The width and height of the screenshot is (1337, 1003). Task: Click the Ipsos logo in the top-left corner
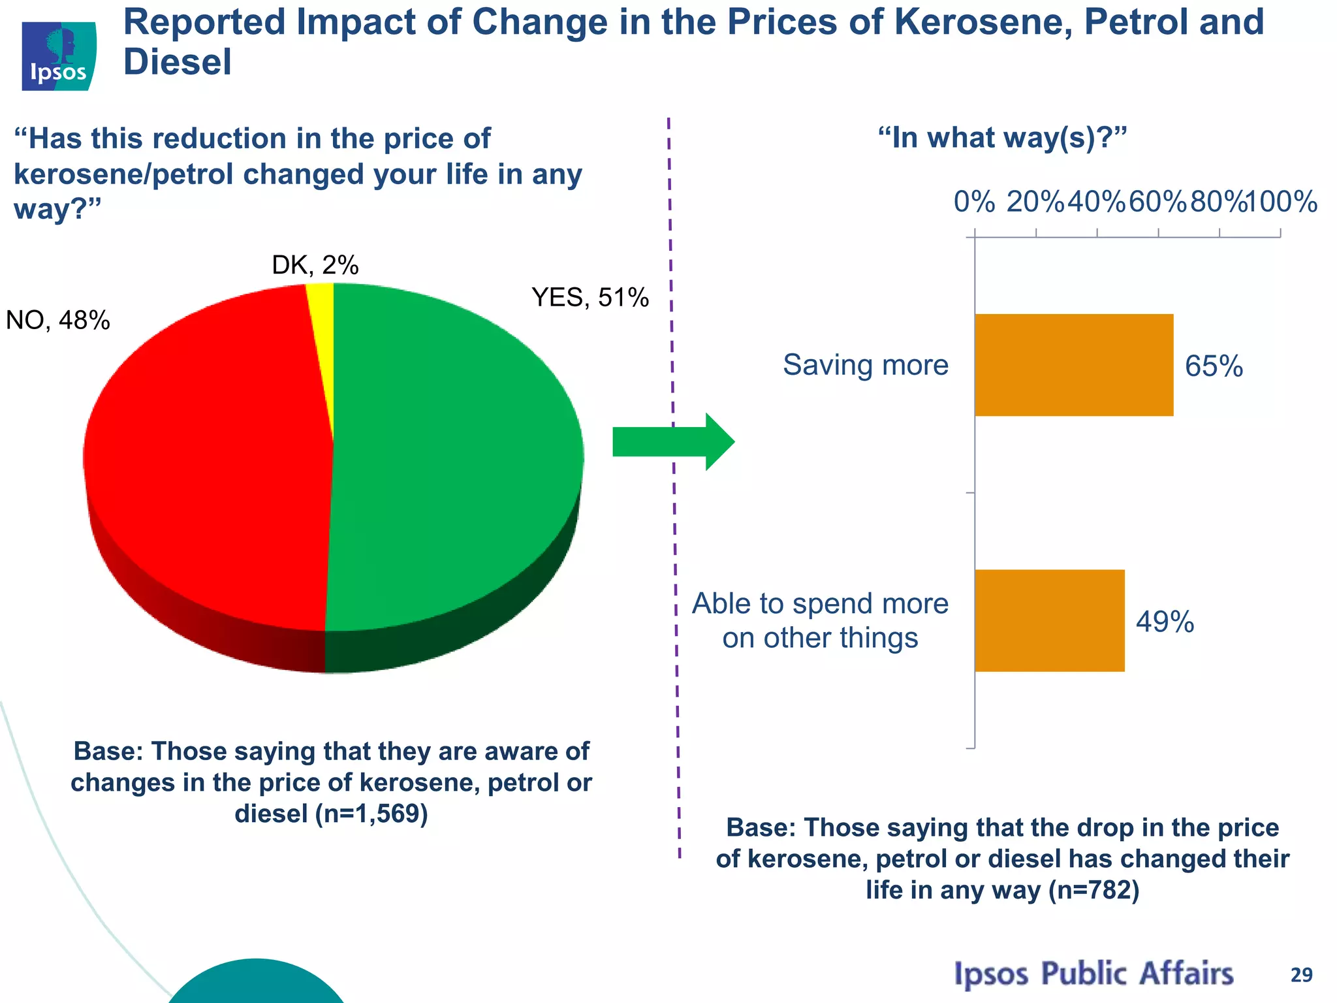pyautogui.click(x=59, y=56)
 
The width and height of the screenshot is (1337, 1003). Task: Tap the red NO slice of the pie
pyautogui.click(x=209, y=457)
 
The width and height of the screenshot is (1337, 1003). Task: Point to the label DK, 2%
pyautogui.click(x=315, y=265)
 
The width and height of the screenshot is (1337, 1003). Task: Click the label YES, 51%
pyautogui.click(x=590, y=298)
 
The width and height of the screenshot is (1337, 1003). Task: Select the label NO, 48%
pyautogui.click(x=57, y=321)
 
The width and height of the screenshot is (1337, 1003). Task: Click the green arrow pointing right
pyautogui.click(x=672, y=442)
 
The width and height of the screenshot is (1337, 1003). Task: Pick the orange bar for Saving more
pyautogui.click(x=1073, y=365)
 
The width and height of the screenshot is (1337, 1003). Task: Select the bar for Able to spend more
pyautogui.click(x=1049, y=620)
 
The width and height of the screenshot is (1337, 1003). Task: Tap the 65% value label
pyautogui.click(x=1214, y=366)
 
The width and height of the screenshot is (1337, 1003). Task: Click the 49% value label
pyautogui.click(x=1165, y=622)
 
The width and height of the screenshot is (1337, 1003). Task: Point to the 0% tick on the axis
pyautogui.click(x=974, y=202)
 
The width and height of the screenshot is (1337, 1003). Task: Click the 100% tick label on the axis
pyautogui.click(x=1282, y=202)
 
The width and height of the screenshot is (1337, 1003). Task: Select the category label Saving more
pyautogui.click(x=865, y=364)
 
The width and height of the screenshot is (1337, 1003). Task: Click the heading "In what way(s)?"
pyautogui.click(x=1002, y=138)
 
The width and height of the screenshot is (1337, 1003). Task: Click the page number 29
pyautogui.click(x=1301, y=975)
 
